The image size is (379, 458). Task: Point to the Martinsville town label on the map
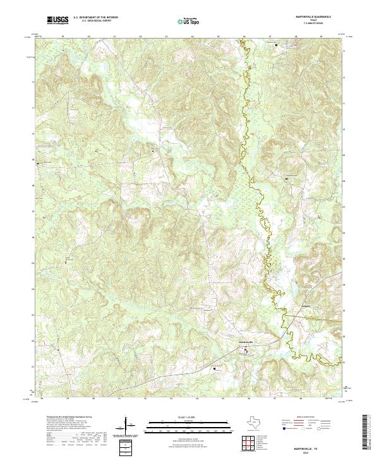point(245,342)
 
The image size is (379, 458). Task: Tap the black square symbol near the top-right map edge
point(276,44)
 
